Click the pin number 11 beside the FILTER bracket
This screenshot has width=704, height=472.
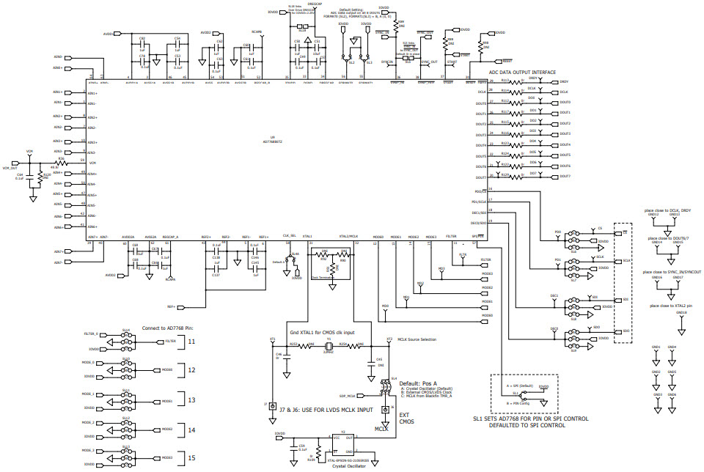pyautogui.click(x=191, y=342)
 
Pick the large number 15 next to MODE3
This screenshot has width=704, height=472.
pyautogui.click(x=191, y=457)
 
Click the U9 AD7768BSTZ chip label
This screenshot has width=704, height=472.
pyautogui.click(x=272, y=139)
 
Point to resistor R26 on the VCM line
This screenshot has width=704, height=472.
pyautogui.click(x=62, y=162)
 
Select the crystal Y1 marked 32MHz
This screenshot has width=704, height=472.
pyautogui.click(x=330, y=346)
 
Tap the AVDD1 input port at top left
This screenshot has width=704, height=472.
pyautogui.click(x=117, y=34)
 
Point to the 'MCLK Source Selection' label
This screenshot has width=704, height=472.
pyautogui.click(x=417, y=339)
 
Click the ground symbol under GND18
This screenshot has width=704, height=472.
pyautogui.click(x=681, y=322)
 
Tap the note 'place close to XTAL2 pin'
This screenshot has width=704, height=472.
pyautogui.click(x=670, y=305)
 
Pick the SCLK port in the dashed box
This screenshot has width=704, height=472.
pyautogui.click(x=626, y=261)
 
